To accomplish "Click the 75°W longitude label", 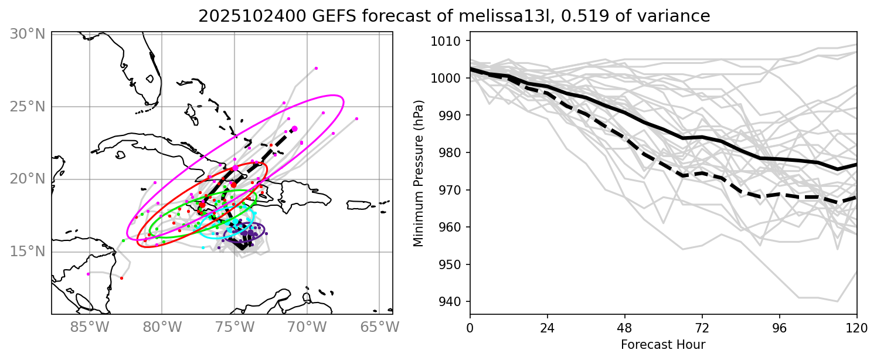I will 234,326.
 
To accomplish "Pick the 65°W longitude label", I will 379,326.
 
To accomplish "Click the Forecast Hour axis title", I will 663,344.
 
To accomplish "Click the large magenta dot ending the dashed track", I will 294,128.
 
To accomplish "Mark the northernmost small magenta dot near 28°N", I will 316,68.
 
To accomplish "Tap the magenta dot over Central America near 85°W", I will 89,274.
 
